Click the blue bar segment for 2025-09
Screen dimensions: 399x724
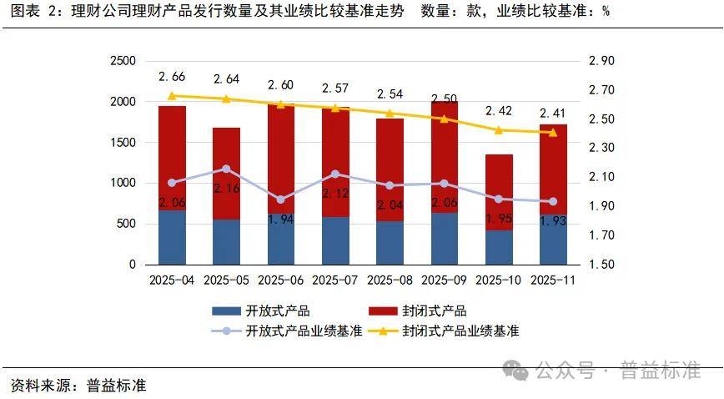(445, 239)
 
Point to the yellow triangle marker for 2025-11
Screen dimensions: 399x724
(553, 132)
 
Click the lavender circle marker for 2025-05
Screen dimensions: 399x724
(226, 169)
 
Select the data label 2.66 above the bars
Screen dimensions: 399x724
(172, 77)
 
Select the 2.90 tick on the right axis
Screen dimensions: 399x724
(601, 61)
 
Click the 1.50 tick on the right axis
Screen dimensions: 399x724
(601, 265)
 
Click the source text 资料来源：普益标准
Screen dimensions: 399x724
(78, 386)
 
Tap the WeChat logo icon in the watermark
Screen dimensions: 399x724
(519, 371)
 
